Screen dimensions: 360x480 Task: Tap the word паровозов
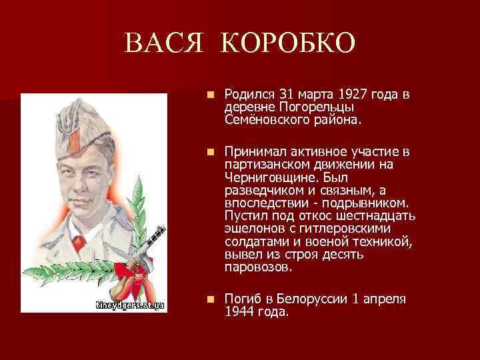[258, 267]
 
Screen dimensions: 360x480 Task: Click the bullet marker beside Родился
[210, 95]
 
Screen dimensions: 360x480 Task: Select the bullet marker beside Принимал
[210, 152]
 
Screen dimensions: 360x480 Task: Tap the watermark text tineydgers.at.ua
[129, 305]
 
